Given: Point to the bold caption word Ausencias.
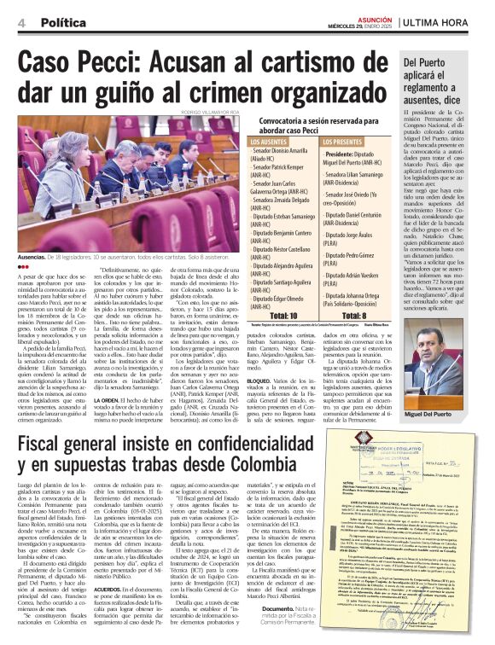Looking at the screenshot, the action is point(36,254).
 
